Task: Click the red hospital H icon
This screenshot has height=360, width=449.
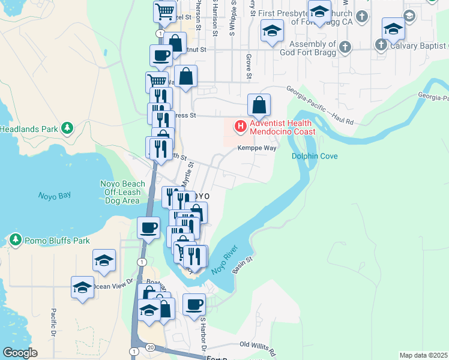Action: click(240, 127)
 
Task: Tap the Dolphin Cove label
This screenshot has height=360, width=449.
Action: click(315, 157)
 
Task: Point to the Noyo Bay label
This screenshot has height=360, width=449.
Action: click(55, 196)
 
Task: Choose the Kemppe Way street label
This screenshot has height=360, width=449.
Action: click(256, 148)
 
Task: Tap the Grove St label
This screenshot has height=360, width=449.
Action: click(248, 66)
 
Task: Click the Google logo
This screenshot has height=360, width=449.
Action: click(20, 353)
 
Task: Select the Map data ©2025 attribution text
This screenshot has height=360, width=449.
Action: click(423, 355)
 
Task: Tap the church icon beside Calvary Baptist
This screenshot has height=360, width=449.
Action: click(381, 45)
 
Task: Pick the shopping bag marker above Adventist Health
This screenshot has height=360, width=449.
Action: click(259, 106)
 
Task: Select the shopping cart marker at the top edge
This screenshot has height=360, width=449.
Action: click(164, 11)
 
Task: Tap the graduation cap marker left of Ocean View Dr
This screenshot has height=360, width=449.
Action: click(83, 287)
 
